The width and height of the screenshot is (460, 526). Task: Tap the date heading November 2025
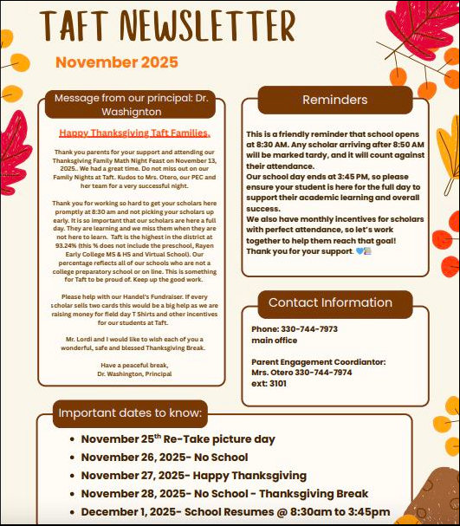[x=117, y=62]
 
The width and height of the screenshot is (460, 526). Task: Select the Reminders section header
[x=334, y=101]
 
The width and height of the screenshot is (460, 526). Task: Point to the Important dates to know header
[x=131, y=412]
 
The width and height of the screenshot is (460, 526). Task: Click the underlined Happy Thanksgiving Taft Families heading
[x=134, y=133]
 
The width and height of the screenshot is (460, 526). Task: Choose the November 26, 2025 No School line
[x=164, y=458]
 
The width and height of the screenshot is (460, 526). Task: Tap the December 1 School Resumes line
[x=235, y=512]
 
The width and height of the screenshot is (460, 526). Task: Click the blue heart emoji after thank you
[x=358, y=251]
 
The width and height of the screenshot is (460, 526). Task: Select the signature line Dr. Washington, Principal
[x=134, y=373]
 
